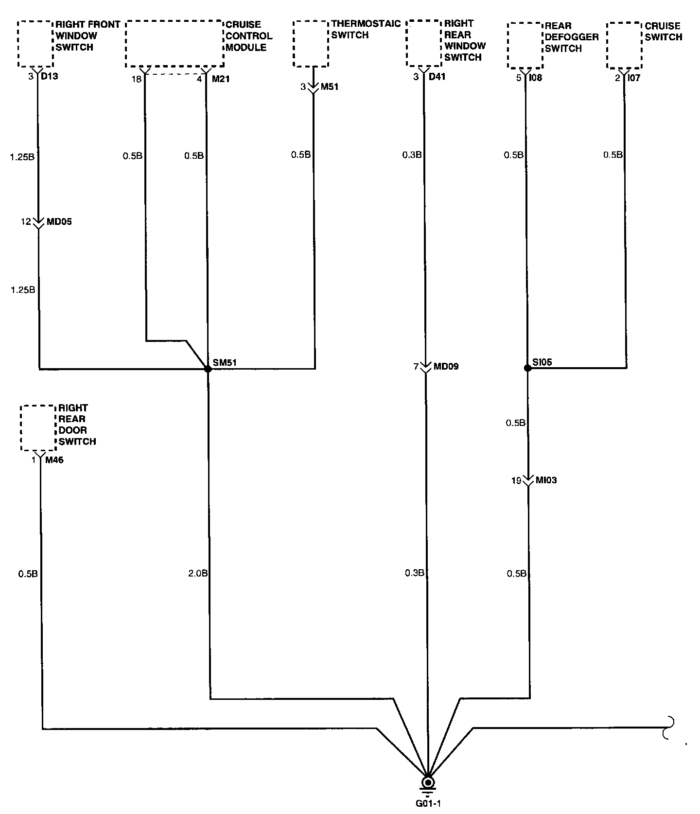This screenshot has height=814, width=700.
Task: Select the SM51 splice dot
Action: click(208, 369)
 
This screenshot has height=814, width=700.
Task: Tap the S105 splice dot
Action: click(527, 368)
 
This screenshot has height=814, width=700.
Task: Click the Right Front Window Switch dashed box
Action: click(35, 44)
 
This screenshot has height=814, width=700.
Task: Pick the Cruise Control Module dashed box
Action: click(175, 44)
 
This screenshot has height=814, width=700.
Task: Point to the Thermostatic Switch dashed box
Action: click(311, 44)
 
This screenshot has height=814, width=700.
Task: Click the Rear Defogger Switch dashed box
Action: click(525, 45)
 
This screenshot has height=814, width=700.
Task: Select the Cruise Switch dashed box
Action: click(625, 45)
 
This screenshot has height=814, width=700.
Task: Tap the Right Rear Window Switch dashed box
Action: click(424, 44)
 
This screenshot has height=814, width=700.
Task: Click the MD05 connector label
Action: click(59, 222)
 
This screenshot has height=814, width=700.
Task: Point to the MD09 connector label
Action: click(446, 367)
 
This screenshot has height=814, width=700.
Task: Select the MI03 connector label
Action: click(546, 480)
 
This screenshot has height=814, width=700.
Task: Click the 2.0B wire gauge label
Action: click(197, 574)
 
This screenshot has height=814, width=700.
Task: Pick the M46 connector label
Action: click(54, 460)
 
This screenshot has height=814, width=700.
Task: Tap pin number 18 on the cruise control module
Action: click(137, 79)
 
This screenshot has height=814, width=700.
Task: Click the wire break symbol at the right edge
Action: click(670, 728)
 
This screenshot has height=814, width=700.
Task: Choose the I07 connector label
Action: click(634, 78)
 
